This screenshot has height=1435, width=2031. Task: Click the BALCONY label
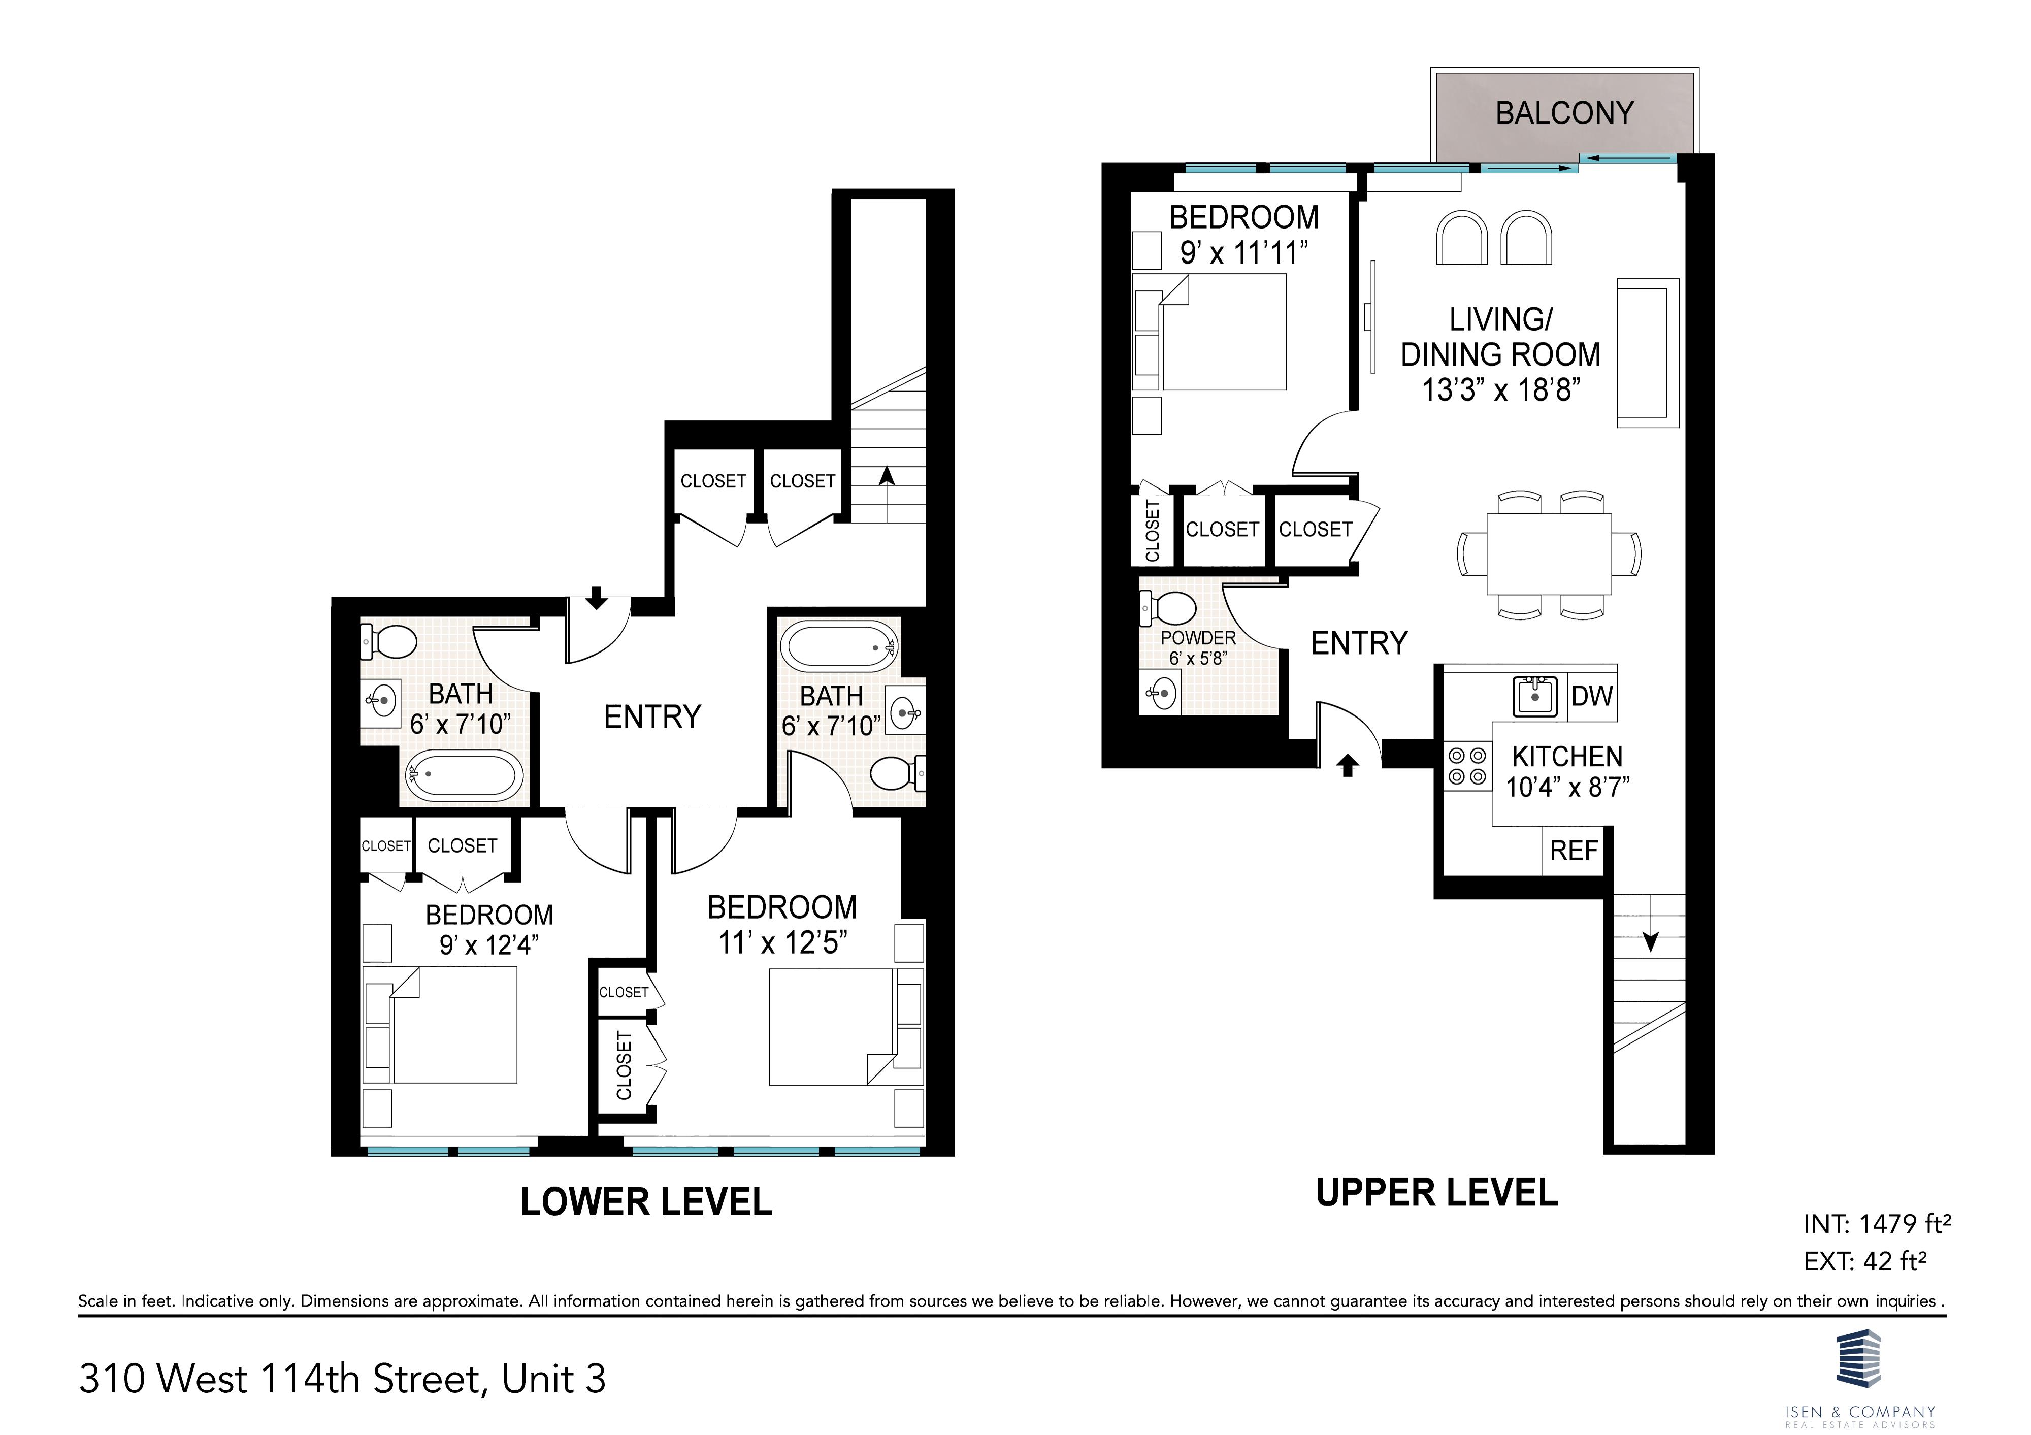(1564, 113)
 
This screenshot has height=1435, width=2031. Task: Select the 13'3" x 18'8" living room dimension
(1501, 389)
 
